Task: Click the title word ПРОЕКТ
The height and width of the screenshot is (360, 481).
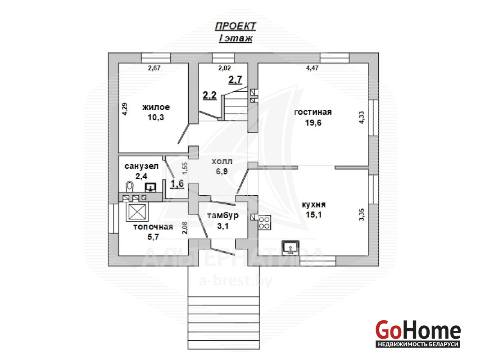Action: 235,27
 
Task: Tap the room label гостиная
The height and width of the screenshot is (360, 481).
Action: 313,112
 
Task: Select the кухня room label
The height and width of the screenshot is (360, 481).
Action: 313,205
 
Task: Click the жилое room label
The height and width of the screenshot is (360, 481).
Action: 156,107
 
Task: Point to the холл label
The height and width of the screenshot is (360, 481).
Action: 222,162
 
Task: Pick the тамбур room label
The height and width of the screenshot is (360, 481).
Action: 222,216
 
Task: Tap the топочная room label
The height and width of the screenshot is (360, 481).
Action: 153,227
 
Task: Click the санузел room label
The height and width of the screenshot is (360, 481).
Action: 141,166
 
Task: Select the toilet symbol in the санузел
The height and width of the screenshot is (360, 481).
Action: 130,186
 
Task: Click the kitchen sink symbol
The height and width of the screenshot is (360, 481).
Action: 290,247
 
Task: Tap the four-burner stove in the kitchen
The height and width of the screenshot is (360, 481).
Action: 264,223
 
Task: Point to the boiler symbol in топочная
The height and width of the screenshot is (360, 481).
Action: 137,211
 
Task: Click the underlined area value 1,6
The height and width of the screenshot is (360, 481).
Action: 177,184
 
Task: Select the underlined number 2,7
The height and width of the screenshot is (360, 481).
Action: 235,80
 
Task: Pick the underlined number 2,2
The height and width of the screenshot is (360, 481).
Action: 209,95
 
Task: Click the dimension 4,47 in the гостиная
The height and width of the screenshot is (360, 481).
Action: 312,68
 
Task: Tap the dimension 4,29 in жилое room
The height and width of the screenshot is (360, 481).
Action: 125,109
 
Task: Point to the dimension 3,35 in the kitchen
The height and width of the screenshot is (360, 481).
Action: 362,215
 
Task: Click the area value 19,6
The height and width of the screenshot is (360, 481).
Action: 313,123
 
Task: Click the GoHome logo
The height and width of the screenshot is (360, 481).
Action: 418,333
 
